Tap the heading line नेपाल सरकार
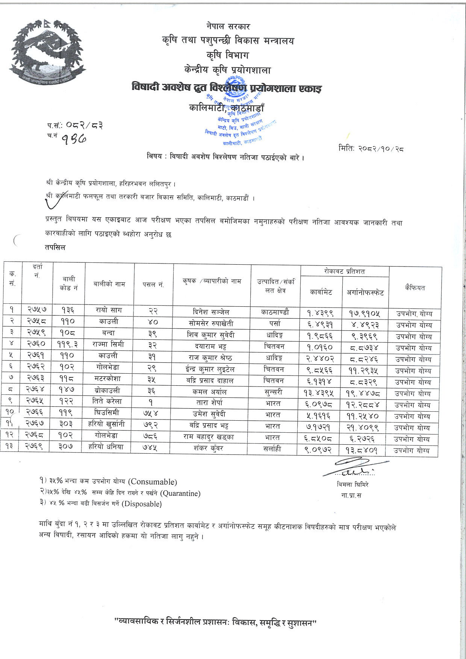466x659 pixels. click(x=228, y=26)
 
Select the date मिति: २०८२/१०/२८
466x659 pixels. click(x=371, y=148)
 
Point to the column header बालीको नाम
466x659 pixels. click(x=109, y=284)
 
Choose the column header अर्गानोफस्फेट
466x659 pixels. click(x=365, y=292)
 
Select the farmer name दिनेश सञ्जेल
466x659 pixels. click(x=212, y=312)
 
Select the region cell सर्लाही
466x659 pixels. click(x=272, y=449)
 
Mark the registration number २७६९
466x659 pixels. click(x=37, y=447)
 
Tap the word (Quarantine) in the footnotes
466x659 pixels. click(x=180, y=493)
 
